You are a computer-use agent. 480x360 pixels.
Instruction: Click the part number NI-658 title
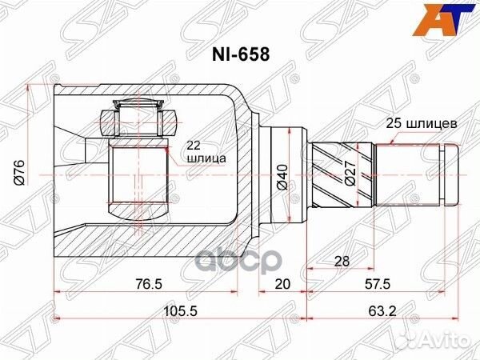coord(240,57)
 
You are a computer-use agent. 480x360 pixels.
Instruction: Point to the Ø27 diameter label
coord(350,173)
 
